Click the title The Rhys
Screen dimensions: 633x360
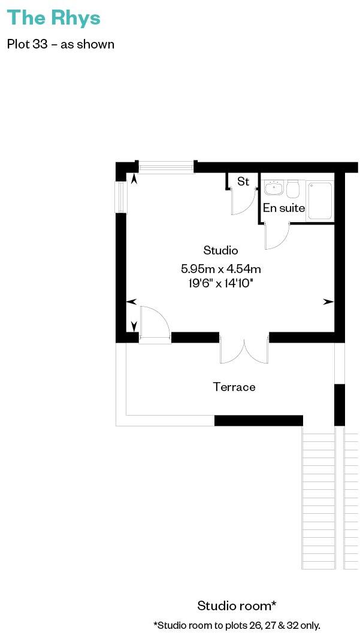coord(53,18)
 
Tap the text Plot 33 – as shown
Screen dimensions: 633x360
coord(60,44)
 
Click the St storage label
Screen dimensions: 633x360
coord(243,181)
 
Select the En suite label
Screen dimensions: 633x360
coord(284,208)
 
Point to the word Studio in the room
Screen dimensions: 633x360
coord(220,250)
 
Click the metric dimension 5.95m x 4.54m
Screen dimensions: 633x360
coord(220,268)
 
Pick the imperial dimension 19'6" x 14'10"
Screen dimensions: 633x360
coord(220,283)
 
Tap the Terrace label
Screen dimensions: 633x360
coord(234,387)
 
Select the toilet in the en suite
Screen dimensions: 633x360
coord(293,189)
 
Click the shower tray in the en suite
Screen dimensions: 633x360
coord(319,201)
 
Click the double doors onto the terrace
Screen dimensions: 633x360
coord(244,351)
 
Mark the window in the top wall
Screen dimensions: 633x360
coord(166,166)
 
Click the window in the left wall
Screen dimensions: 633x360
coord(121,196)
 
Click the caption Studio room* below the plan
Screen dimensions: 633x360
coord(237,605)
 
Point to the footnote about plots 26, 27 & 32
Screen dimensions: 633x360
coord(237,625)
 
